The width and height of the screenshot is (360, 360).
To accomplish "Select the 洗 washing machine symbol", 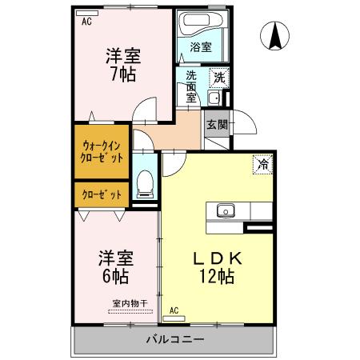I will [x=218, y=78].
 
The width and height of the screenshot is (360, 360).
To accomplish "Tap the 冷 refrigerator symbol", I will [x=262, y=164].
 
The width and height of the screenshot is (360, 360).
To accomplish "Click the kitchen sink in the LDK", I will [x=224, y=211].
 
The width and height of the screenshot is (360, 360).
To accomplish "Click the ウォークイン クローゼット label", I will [x=102, y=151].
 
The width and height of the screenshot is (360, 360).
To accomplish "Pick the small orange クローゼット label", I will [x=102, y=194].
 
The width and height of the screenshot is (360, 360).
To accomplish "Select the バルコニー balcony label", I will [x=175, y=339].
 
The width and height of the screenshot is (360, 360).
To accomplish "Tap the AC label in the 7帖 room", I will [x=86, y=22].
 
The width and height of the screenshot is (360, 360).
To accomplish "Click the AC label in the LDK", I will [x=175, y=310].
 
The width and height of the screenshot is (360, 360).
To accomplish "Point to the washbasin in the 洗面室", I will [x=214, y=98].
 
